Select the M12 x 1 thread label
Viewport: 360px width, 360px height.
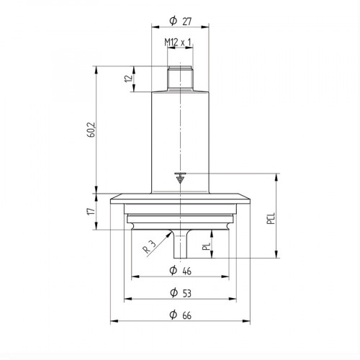point(179,43)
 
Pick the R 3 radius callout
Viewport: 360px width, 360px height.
point(148,249)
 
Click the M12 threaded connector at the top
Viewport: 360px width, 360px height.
point(179,77)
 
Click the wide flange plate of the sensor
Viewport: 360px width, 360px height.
point(179,199)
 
